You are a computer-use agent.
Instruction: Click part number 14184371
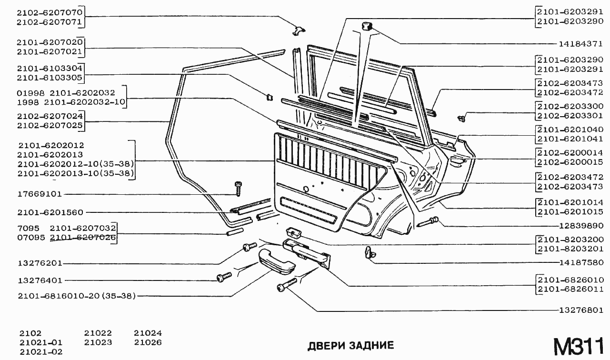coord(580,44)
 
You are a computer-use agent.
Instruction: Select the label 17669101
coord(40,194)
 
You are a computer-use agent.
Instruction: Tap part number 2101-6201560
coord(50,212)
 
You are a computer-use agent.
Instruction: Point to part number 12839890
coord(581,226)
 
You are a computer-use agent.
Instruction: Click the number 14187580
coord(581,262)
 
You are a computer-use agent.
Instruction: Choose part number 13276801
coord(581,310)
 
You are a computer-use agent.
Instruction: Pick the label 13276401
coord(40,280)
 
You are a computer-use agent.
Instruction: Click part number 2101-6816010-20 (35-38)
coord(77,296)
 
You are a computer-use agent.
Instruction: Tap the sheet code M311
coord(579,346)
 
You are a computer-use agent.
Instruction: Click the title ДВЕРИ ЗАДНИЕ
coord(351,346)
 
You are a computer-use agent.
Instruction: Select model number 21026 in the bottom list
coord(148,342)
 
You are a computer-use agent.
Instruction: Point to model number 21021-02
coord(41,352)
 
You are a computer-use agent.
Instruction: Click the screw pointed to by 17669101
coord(239,189)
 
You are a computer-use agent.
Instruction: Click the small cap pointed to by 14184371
coord(367,26)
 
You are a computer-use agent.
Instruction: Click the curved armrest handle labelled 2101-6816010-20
coord(276,262)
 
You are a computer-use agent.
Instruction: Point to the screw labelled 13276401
coord(224,277)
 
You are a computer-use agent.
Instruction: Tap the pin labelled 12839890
coord(428,221)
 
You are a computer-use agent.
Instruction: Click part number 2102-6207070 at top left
coord(50,12)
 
